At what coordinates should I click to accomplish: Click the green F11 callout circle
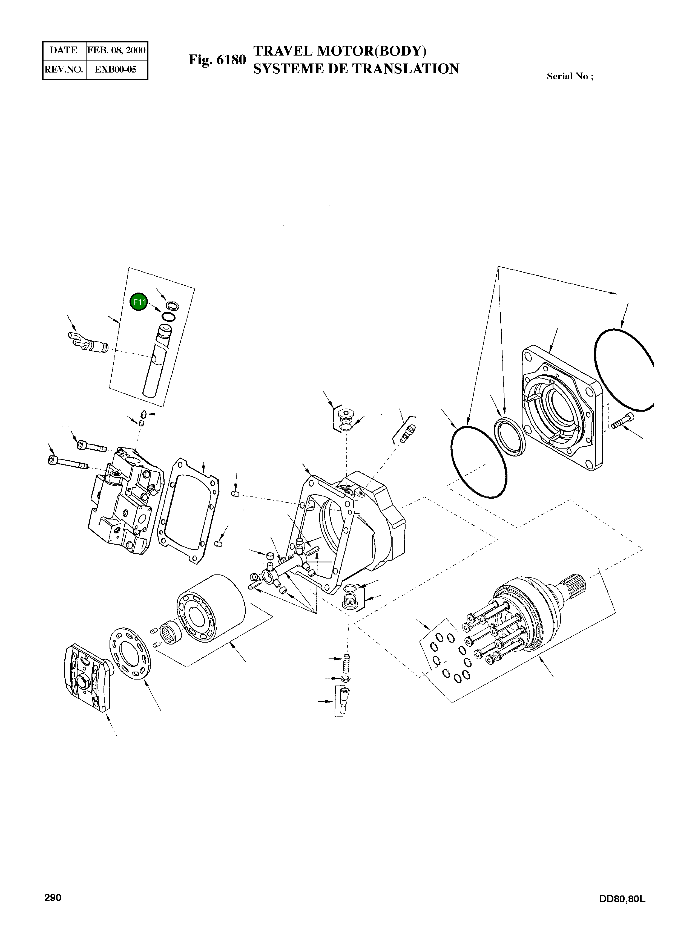tap(139, 302)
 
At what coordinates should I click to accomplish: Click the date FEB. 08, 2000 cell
tap(116, 50)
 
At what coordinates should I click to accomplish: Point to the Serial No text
tap(570, 77)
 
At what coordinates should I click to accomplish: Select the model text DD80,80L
tap(622, 899)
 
